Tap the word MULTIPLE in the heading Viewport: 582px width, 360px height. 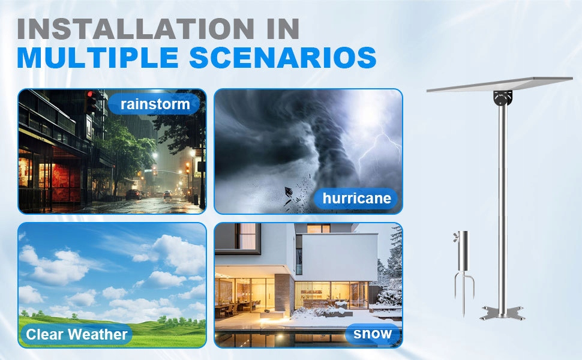click(98, 58)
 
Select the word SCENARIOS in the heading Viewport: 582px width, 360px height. click(283, 58)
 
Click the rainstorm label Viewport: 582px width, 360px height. click(155, 104)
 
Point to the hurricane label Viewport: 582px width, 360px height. click(356, 198)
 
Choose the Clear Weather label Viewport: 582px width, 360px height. click(77, 334)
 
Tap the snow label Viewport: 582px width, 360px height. click(373, 333)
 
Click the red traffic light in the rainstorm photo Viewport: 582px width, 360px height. click(90, 95)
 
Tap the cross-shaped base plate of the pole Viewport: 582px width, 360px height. click(502, 313)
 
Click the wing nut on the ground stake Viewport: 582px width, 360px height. click(455, 238)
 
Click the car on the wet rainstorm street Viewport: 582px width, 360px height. click(134, 194)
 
